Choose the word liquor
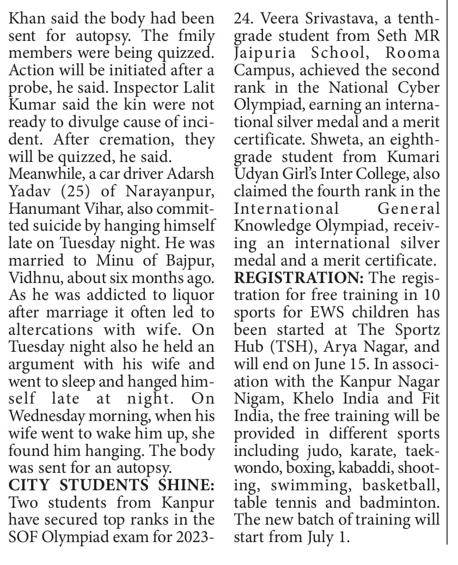[190, 294]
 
